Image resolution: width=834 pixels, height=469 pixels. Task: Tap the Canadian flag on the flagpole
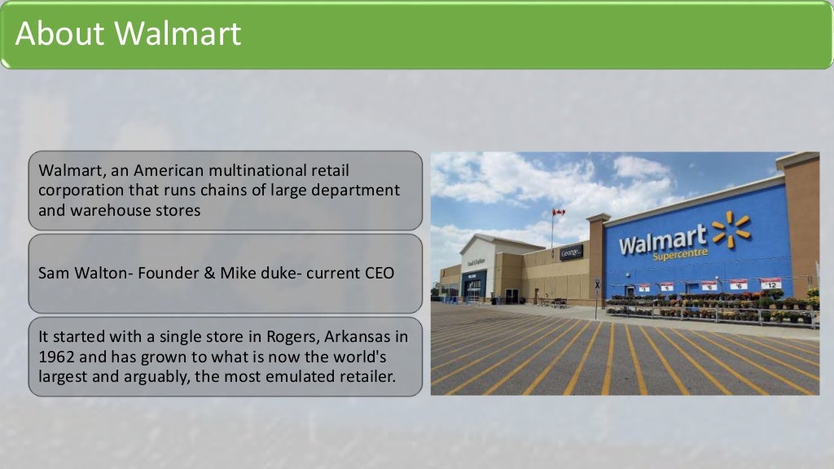[x=559, y=213]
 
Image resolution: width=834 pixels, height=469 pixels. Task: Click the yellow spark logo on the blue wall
[x=730, y=229]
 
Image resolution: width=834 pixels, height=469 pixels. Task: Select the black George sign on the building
[x=571, y=252]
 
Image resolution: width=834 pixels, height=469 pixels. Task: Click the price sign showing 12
[x=770, y=283]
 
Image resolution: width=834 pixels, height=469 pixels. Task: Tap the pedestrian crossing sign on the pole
[x=597, y=285]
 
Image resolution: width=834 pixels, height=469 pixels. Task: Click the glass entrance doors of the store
[x=473, y=291]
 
